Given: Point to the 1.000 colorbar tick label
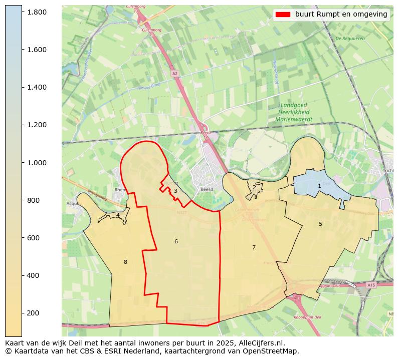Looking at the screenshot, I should (x=36, y=163).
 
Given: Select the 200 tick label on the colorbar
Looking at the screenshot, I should (x=33, y=313).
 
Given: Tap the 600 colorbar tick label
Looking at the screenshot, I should (x=33, y=238).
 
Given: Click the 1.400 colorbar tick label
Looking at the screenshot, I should (x=36, y=87).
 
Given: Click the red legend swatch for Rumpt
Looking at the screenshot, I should (x=283, y=15).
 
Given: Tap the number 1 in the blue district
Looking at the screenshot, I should (x=319, y=186).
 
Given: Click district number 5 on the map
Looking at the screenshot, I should (x=320, y=224).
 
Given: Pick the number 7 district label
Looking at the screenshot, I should (x=254, y=247).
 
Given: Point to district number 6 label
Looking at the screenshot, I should (x=176, y=241).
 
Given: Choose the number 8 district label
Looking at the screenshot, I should (x=125, y=262).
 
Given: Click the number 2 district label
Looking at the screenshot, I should (x=254, y=187).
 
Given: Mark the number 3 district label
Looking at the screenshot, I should (x=175, y=191).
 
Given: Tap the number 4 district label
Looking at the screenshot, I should (x=118, y=215).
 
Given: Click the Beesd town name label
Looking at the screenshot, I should (x=207, y=190).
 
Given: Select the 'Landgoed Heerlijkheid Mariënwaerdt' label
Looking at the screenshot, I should (x=294, y=113).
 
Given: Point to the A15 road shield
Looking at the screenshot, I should (x=371, y=285).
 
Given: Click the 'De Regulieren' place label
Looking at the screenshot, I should (x=350, y=38).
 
